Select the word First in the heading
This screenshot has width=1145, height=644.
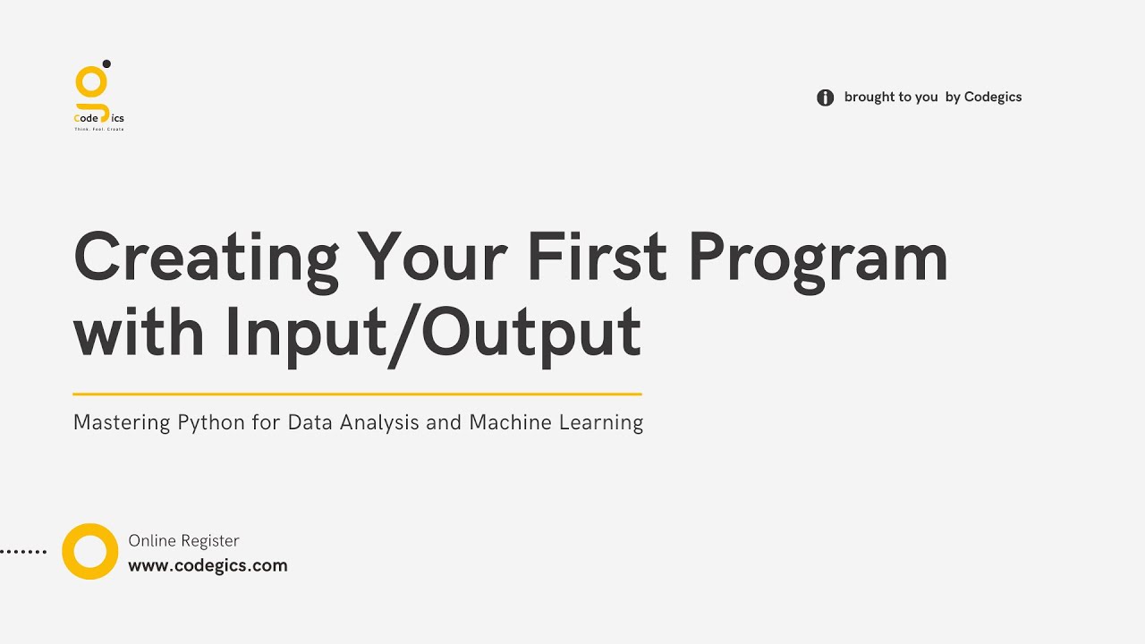pos(597,258)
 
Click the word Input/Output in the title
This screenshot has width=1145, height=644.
pos(433,333)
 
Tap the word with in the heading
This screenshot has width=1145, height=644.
pos(139,331)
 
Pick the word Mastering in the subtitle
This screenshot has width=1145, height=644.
pos(122,422)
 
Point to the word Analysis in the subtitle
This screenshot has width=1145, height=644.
pos(379,422)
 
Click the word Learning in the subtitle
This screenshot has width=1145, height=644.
pos(601,422)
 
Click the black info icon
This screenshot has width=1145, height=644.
pos(825,97)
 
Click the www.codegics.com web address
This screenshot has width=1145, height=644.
pos(208,565)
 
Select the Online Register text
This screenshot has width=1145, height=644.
pos(183,540)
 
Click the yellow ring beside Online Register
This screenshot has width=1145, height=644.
pos(89,551)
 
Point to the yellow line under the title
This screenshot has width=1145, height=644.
pos(357,394)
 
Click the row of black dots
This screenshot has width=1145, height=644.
pos(23,552)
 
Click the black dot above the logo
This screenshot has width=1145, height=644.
pos(106,64)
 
